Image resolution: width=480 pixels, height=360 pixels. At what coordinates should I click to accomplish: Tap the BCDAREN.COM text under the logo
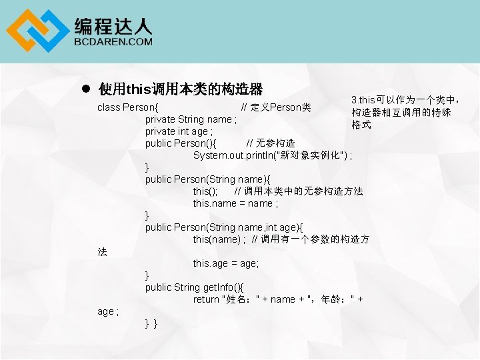113,41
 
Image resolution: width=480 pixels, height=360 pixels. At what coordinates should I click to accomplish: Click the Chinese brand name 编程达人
113,25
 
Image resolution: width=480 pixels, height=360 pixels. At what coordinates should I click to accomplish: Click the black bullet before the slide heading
85,89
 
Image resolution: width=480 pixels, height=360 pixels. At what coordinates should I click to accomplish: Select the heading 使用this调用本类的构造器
180,89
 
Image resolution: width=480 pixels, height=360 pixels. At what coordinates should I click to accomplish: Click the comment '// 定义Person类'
275,107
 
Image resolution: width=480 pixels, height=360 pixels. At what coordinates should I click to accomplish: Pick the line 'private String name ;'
191,119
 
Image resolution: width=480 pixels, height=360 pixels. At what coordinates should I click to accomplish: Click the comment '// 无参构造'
271,143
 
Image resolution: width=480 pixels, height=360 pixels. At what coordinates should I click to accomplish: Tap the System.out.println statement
273,155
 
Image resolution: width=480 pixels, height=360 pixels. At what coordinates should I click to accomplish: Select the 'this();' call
205,191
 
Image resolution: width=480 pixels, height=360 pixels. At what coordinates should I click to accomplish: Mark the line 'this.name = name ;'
235,203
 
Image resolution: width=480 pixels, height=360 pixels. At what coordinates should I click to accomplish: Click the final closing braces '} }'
151,323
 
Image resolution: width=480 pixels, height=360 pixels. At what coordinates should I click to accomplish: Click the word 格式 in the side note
361,125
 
